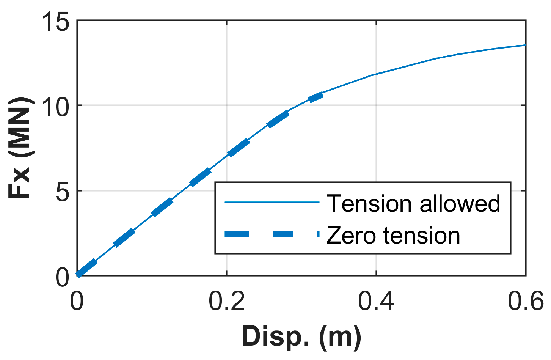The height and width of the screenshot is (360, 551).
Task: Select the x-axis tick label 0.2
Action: (x=226, y=302)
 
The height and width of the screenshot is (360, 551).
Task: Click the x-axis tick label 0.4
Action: (x=376, y=302)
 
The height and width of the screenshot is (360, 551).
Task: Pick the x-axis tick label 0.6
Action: (x=526, y=302)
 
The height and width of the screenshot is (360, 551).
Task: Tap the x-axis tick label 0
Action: (x=77, y=302)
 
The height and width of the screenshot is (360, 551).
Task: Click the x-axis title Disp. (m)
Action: (x=301, y=336)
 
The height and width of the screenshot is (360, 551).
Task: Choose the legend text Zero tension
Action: (x=393, y=235)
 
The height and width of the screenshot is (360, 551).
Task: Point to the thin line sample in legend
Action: (x=272, y=203)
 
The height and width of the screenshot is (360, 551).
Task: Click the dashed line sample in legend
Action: (x=272, y=234)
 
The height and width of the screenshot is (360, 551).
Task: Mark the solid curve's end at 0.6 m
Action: (x=525, y=45)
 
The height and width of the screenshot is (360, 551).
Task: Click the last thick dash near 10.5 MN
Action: (x=316, y=97)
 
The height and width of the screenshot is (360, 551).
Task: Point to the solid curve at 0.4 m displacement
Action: (x=376, y=74)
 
